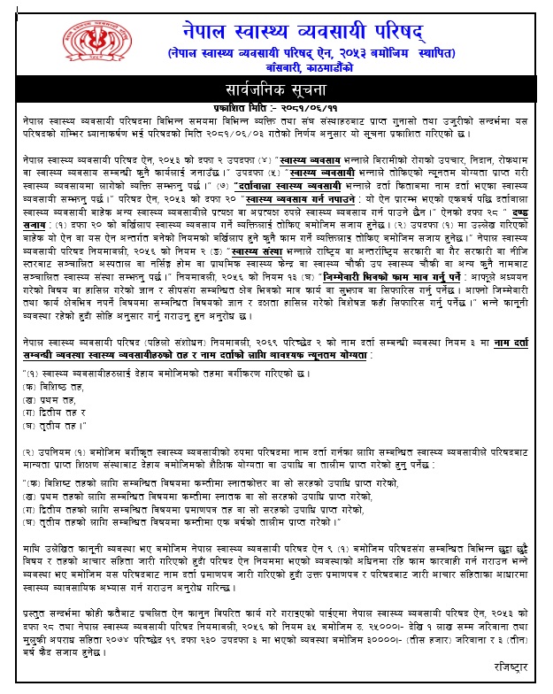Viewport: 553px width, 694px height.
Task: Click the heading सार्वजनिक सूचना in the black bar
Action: point(275,91)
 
